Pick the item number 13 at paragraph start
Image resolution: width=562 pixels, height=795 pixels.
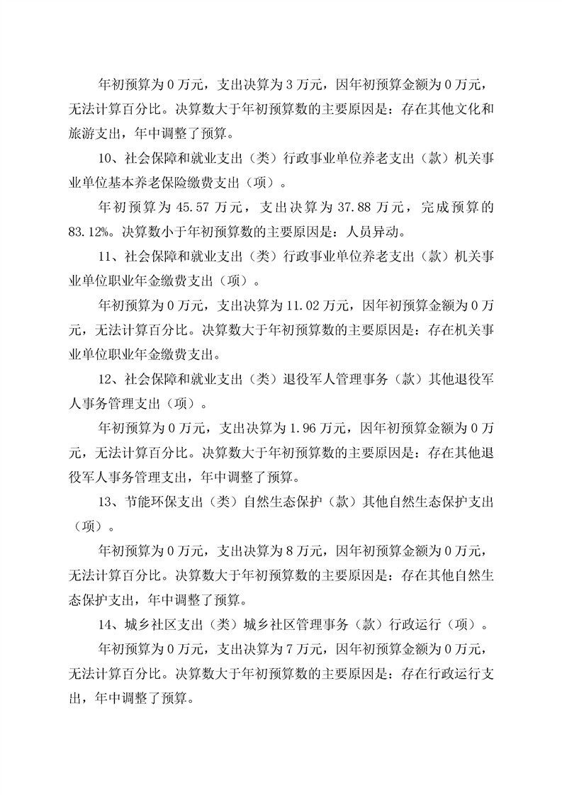pyautogui.click(x=103, y=502)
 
